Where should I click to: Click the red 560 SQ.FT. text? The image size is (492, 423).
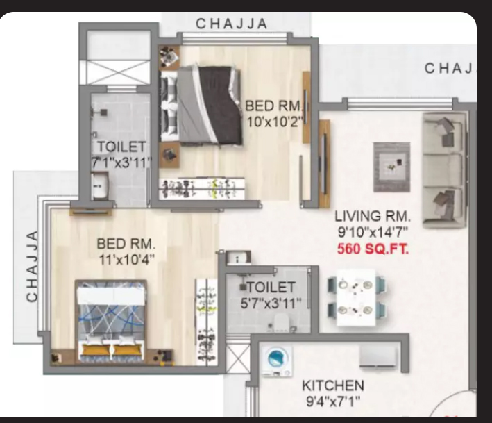click(x=373, y=249)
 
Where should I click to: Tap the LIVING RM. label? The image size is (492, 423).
click(x=373, y=217)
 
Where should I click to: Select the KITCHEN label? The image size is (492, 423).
click(x=333, y=385)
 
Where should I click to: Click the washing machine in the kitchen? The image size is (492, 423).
click(x=277, y=361)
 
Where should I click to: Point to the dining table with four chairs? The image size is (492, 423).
click(x=357, y=297)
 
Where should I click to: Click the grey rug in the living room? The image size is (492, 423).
click(x=391, y=167)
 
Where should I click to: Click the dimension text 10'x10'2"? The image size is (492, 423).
click(x=275, y=122)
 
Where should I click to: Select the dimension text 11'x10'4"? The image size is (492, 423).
click(x=127, y=260)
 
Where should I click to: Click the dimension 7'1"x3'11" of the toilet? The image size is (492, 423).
click(x=121, y=163)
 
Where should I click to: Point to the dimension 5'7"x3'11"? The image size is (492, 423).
click(x=271, y=304)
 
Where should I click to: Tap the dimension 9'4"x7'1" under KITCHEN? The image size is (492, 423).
click(x=333, y=401)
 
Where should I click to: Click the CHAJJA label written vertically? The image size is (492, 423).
click(x=33, y=267)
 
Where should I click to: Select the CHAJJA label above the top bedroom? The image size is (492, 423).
click(x=232, y=24)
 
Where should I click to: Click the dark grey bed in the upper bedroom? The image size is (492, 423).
click(x=201, y=105)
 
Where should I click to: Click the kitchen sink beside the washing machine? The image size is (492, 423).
click(x=378, y=357)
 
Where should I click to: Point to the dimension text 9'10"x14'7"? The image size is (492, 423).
click(x=373, y=233)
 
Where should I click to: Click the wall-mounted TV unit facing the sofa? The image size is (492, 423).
click(x=325, y=164)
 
